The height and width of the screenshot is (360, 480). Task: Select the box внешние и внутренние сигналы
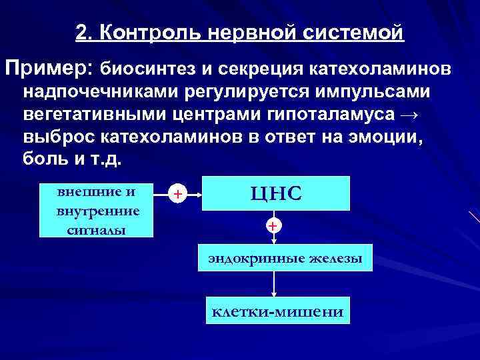[97, 209]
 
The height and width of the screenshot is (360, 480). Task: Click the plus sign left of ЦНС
[177, 194]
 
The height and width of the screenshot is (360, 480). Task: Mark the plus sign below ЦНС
[273, 226]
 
